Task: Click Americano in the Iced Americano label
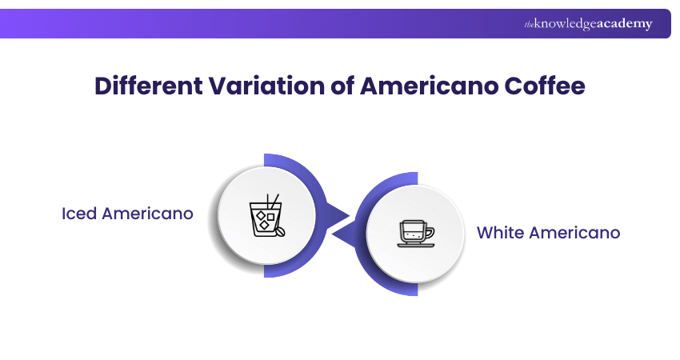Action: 147,214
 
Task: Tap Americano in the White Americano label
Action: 574,233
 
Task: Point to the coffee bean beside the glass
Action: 281,232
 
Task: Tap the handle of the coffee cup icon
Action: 430,233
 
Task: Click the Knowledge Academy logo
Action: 588,24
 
